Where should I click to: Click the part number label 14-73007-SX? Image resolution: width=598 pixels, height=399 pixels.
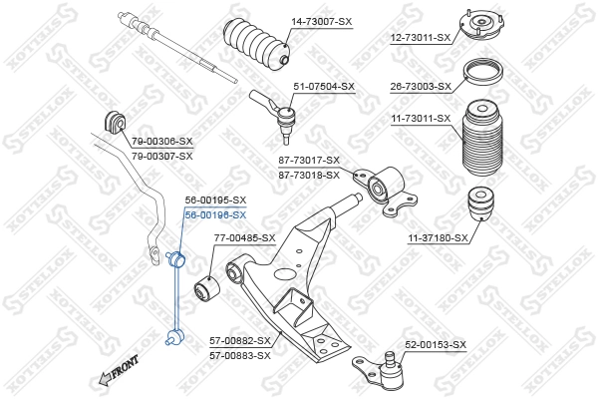pos(322,21)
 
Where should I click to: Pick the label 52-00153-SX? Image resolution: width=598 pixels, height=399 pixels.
pos(435,344)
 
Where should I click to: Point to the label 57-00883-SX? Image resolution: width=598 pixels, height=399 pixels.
pos(240,355)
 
